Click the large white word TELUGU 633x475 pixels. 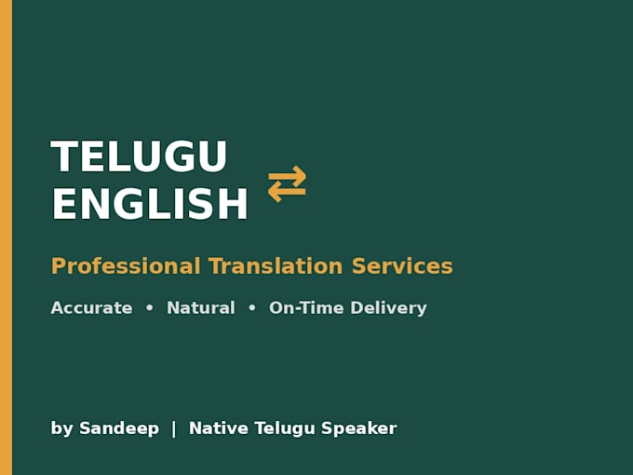point(139,156)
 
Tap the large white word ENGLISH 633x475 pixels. point(150,204)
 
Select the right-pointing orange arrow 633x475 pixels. point(288,174)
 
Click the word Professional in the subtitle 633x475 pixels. point(126,266)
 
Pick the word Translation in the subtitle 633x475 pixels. point(276,266)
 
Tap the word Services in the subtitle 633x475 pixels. point(402,266)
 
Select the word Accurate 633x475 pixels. point(91,307)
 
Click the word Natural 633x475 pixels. point(201,307)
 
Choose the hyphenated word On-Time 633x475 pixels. point(306,307)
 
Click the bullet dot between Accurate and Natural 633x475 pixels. point(149,307)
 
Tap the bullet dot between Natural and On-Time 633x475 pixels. point(252,307)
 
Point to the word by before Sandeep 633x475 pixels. point(61,429)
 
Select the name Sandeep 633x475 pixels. point(119,429)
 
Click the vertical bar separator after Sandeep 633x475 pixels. point(174,429)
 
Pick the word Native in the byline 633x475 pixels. point(219,428)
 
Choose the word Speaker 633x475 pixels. point(359,429)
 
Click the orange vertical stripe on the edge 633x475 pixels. point(7,237)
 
